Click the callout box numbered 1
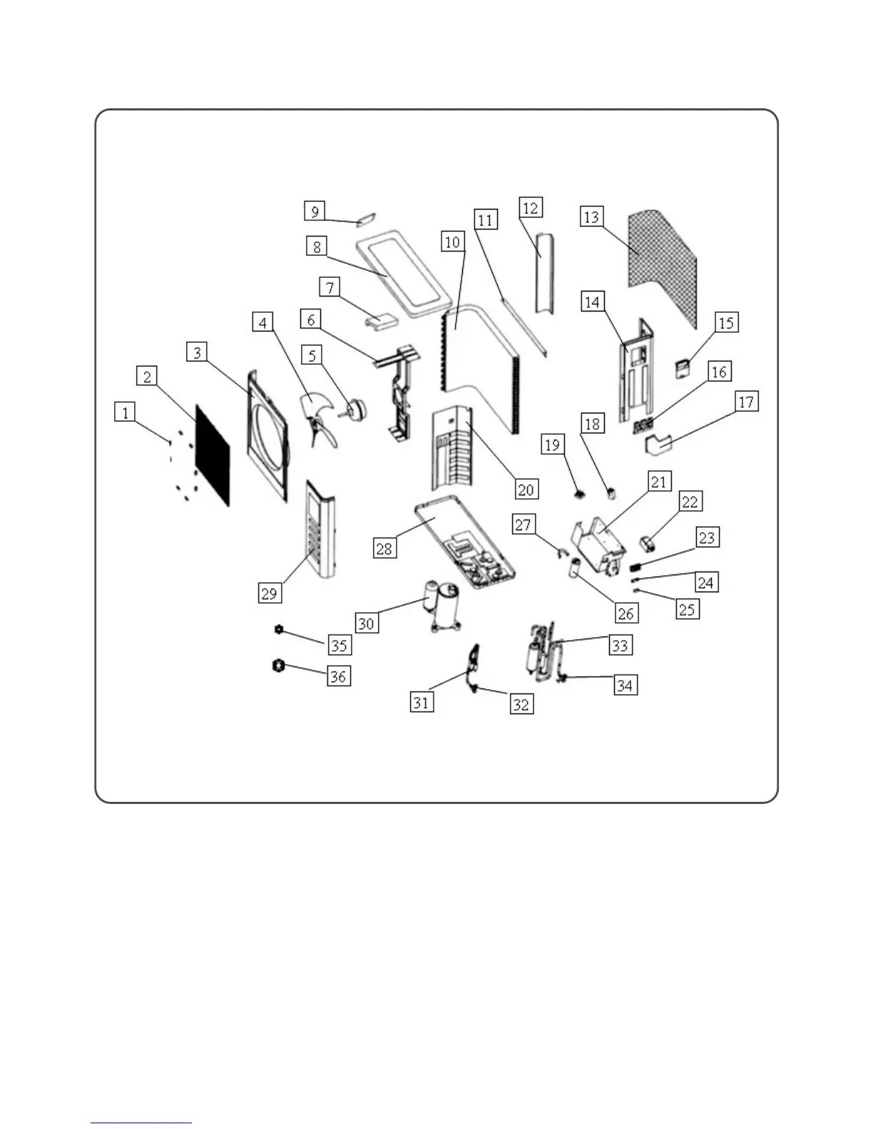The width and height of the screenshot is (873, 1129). coord(126,412)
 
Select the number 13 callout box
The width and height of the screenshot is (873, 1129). coord(591,216)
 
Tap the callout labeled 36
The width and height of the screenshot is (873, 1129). coord(338,676)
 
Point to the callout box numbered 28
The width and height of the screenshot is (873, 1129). coord(384,548)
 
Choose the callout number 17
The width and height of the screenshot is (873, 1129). coord(745,402)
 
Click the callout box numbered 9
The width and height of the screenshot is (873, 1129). coord(315,211)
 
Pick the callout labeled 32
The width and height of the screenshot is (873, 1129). coord(521,704)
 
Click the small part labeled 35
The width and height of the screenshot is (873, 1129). coord(278,629)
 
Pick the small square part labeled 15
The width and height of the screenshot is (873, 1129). coord(683,368)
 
